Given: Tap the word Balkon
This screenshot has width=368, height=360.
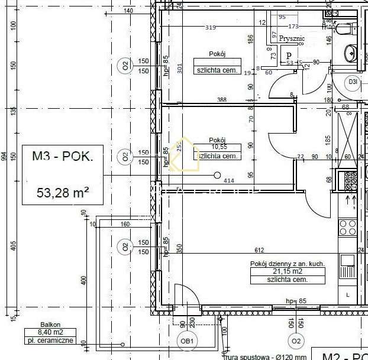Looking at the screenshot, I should pos(50,325).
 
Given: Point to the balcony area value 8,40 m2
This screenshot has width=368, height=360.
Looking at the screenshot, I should pos(50,332).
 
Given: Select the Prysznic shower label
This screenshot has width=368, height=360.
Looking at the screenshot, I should pos(292,39).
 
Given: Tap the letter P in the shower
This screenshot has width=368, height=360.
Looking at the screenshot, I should pos(289,55).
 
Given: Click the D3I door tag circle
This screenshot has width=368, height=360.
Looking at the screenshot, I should pos(353,82).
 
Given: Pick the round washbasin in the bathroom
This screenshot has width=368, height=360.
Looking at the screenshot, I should pos(351,53).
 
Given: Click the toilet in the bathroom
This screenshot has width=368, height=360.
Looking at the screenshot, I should pos(345,27).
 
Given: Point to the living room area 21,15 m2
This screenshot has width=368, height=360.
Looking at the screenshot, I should pos(287,271).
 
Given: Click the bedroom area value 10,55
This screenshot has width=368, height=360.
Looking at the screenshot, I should pos(218,147).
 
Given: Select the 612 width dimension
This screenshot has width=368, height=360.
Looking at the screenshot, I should pos(259,250).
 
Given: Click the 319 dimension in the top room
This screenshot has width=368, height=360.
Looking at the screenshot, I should pos(209,27).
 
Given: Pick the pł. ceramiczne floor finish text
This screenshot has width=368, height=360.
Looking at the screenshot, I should pos(50,340).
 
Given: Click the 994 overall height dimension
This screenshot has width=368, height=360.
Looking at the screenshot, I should pos(4,156).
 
